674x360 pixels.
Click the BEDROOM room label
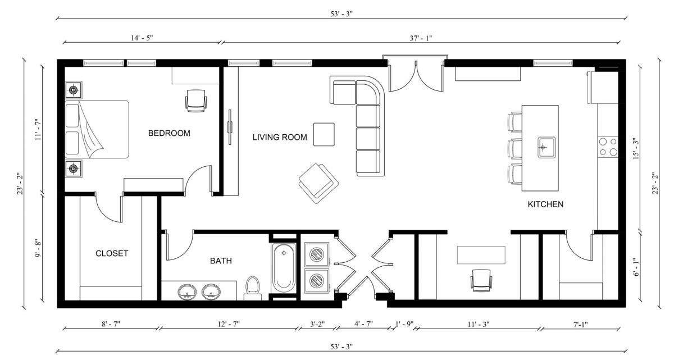169,133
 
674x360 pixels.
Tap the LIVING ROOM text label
279,137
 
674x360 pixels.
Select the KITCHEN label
545,204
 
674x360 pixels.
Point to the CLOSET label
112,253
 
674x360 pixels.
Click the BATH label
221,261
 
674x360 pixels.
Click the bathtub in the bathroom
284,267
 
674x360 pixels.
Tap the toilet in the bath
253,286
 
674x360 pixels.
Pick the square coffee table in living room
324,134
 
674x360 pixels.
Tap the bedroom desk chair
195,100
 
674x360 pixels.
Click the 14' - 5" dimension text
141,38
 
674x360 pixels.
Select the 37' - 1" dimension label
421,38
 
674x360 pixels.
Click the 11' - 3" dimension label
478,324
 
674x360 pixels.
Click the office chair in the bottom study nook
481,280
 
